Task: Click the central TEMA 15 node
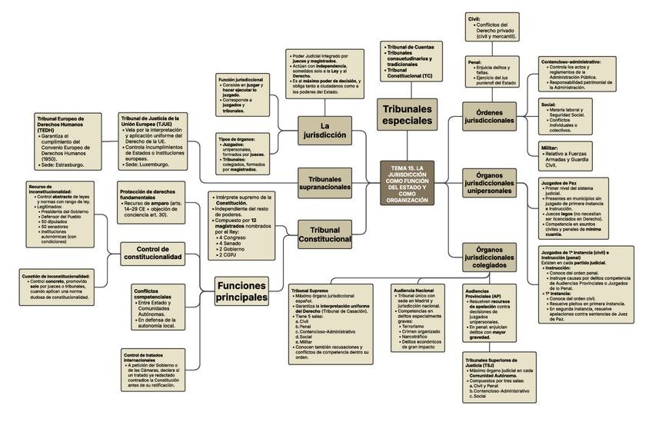click(x=407, y=183)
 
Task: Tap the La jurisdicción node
click(x=324, y=130)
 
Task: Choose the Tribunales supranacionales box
click(x=324, y=182)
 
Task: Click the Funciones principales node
click(x=241, y=291)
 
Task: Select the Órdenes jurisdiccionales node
click(x=489, y=116)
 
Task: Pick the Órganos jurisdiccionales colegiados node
click(x=489, y=257)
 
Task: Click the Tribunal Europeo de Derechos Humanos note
click(x=67, y=141)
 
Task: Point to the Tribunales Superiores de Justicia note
click(x=500, y=377)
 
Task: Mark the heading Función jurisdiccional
click(x=241, y=80)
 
